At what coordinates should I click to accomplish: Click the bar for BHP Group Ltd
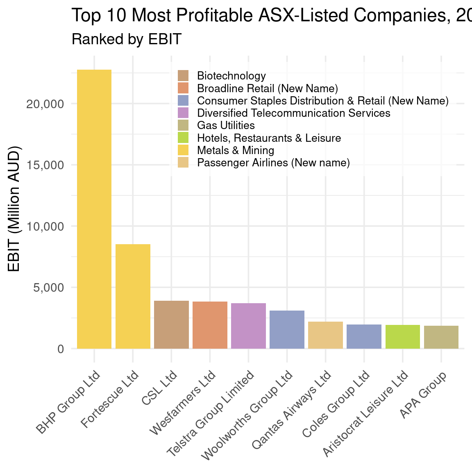(94, 209)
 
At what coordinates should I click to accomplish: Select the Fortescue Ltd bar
(133, 296)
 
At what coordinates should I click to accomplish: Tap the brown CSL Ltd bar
(171, 324)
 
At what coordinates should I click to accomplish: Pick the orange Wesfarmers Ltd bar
(210, 325)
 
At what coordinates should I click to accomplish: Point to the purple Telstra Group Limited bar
(248, 326)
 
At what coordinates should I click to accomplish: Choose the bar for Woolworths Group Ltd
(287, 329)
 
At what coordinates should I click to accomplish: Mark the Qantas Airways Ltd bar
(325, 335)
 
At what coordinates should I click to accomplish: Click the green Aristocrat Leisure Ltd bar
(402, 337)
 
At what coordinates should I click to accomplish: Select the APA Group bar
(441, 337)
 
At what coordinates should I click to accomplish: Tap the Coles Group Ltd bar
(364, 336)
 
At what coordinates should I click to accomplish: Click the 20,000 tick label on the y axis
(45, 104)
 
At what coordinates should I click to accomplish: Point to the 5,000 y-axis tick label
(49, 288)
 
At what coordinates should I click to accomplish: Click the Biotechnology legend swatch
(183, 76)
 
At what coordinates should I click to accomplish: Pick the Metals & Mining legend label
(236, 150)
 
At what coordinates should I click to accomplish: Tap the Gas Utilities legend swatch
(183, 125)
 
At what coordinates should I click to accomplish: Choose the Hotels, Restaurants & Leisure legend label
(269, 138)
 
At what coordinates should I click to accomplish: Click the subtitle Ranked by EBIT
(127, 39)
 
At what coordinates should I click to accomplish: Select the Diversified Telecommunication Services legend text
(293, 113)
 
